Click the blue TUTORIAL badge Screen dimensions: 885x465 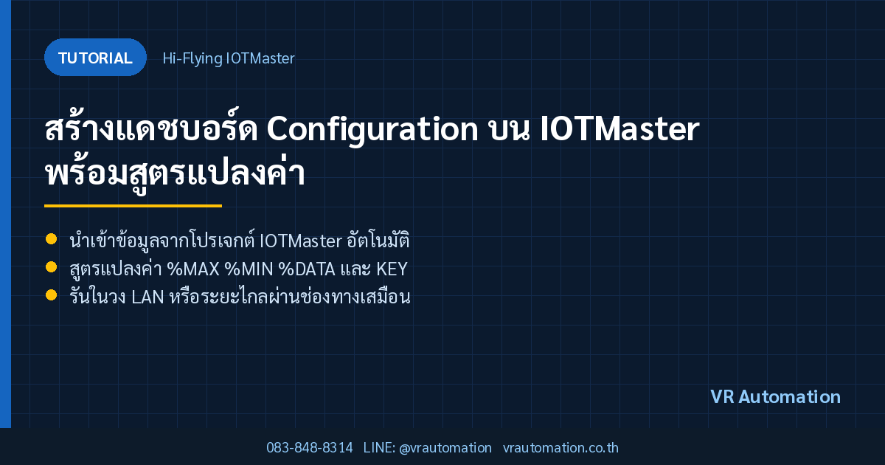95,58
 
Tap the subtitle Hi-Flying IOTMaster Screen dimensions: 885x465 229,58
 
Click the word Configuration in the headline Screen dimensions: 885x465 372,130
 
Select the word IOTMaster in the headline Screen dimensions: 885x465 620,129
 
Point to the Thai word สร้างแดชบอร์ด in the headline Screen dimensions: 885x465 151,127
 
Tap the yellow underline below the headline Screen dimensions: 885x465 133,206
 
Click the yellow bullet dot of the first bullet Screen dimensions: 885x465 52,239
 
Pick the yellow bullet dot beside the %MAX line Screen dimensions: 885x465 52,267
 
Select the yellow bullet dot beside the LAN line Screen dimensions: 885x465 52,295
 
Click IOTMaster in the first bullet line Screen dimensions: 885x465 301,241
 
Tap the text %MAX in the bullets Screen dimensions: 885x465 193,269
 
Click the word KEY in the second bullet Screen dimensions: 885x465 392,269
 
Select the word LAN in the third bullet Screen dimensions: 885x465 147,297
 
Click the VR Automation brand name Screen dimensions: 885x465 775,396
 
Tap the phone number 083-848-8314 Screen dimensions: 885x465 309,447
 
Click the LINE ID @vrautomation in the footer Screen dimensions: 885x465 445,448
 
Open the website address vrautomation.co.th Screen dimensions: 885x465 560,447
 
